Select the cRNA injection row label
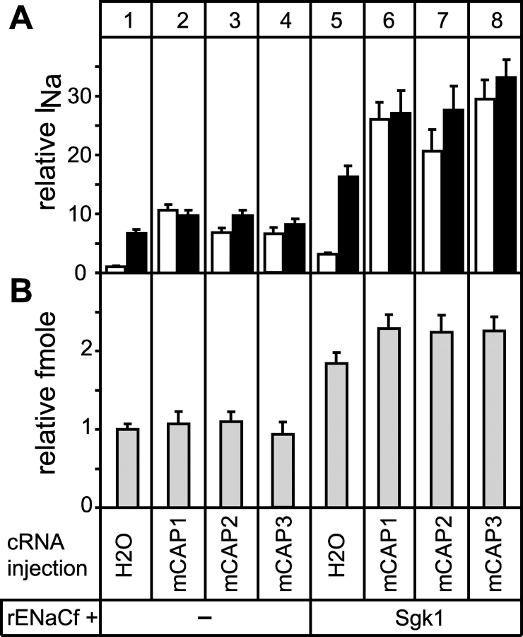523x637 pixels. (50, 556)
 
